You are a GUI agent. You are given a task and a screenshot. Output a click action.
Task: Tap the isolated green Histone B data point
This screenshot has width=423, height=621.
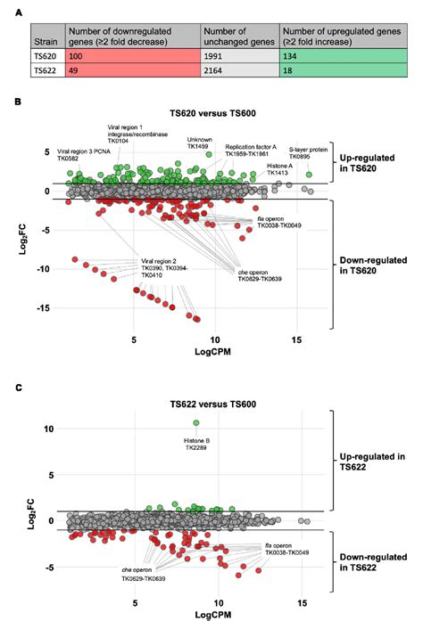[196, 423]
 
